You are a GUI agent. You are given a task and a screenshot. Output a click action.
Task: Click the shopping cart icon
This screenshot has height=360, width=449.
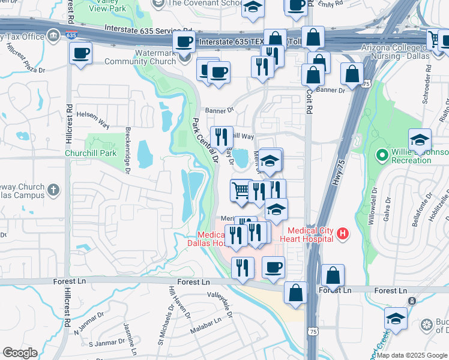[x=241, y=190]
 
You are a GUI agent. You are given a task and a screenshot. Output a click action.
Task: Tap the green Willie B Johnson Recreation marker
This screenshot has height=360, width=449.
[x=381, y=156]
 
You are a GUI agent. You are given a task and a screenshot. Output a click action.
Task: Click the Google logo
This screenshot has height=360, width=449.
[x=19, y=353]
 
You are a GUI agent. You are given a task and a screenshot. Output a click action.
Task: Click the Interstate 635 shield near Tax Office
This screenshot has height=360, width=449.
[x=71, y=35]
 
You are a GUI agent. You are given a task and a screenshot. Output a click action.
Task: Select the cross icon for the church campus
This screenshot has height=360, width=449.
[x=53, y=190]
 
